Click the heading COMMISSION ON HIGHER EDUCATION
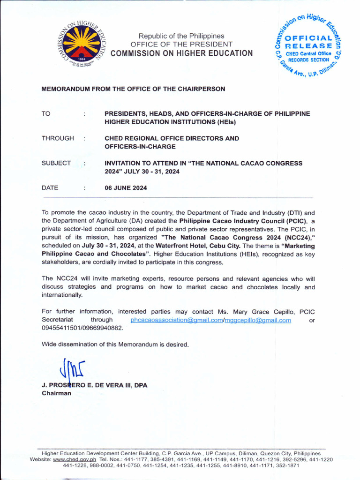[181, 53]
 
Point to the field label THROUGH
[58, 138]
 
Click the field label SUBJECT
[56, 163]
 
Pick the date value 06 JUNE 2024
[126, 188]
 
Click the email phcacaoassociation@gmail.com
[175, 320]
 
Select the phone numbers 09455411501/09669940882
[82, 328]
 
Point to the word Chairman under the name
[56, 393]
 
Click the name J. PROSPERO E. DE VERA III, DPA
[94, 385]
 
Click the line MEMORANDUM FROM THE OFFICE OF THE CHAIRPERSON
[134, 89]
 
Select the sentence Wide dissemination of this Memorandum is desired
[115, 345]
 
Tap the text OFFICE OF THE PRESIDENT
[181, 44]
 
